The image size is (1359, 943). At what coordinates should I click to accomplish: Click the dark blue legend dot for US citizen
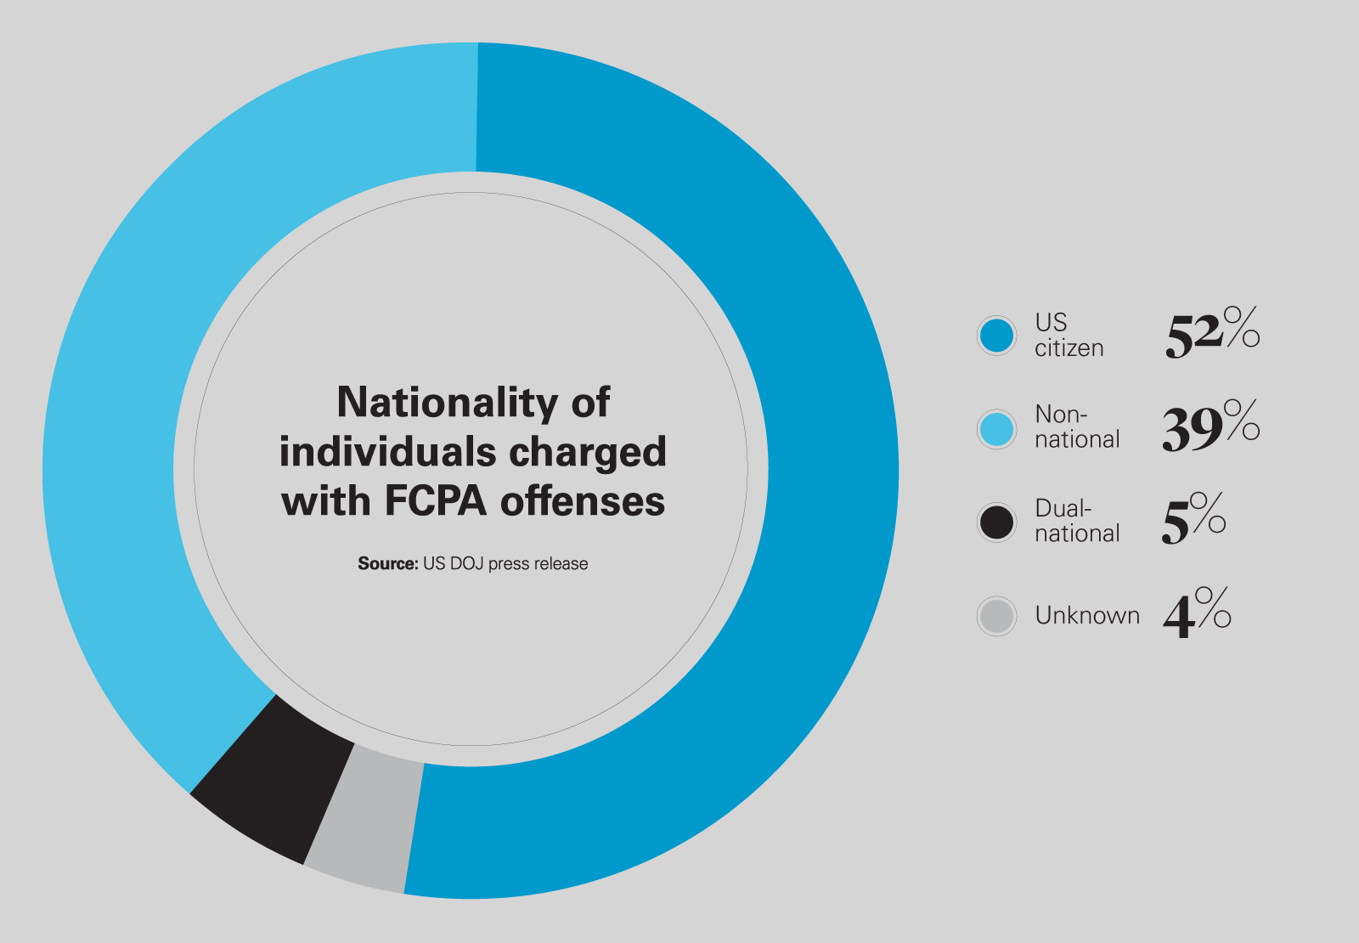pos(996,336)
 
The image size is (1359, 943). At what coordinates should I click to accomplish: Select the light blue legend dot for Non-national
pos(996,429)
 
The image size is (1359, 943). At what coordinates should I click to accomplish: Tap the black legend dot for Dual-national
pos(996,522)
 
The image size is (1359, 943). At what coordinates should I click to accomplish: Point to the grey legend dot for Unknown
pos(996,616)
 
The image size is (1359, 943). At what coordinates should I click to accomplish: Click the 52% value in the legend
pos(1211,333)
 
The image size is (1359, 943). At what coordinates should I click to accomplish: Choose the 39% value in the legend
pos(1210,427)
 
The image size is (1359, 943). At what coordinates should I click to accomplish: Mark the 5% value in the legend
pos(1193,520)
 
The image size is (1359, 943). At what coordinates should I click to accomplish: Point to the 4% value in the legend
pos(1196,613)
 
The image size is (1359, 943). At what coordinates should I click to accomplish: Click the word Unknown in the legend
pos(1087,615)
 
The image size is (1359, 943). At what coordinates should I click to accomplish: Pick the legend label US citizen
pos(1068,336)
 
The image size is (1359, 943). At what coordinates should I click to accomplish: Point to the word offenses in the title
pos(583,500)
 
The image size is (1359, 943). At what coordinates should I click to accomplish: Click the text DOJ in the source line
pos(466,563)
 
